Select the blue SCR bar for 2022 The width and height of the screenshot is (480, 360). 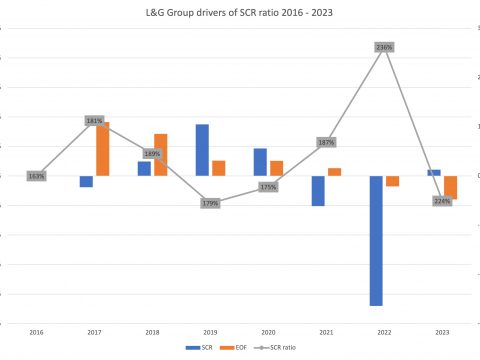tap(376, 240)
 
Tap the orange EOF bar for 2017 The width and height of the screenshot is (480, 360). tap(102, 149)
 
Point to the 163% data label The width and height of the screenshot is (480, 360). tap(36, 176)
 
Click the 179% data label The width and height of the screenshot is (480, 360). tap(210, 203)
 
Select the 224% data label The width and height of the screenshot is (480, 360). tap(442, 201)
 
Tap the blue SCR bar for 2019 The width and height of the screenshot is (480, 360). tap(202, 150)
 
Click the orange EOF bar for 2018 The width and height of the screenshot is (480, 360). tap(160, 155)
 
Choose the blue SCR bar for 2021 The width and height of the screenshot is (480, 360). tap(318, 190)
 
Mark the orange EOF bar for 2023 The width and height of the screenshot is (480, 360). tap(450, 187)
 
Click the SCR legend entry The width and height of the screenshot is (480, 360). tap(205, 347)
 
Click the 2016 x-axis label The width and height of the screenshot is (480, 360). tap(36, 331)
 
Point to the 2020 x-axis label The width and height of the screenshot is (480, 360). tap(268, 331)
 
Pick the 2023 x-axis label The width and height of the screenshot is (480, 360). tap(442, 331)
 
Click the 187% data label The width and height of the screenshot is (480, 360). tap(326, 142)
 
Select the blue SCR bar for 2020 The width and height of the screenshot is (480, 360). tap(260, 162)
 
